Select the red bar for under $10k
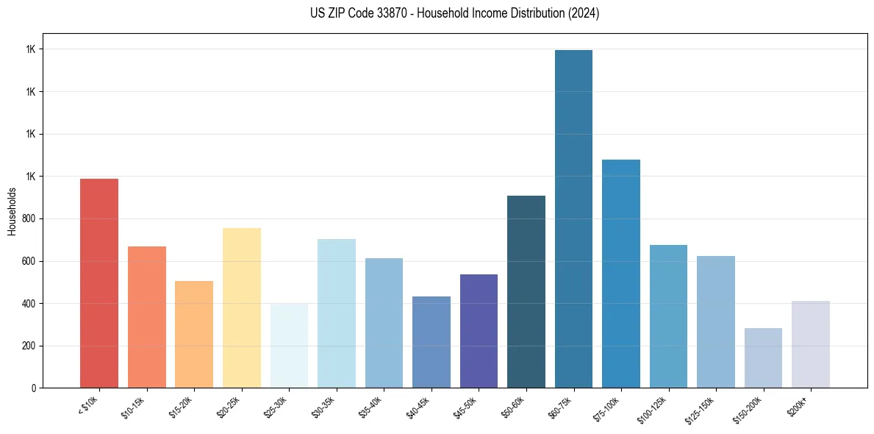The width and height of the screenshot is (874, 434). [99, 283]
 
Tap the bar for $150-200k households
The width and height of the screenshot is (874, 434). [763, 358]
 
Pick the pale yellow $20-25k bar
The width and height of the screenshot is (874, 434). [242, 308]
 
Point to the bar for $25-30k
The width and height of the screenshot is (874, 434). [289, 346]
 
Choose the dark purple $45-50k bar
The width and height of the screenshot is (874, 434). [479, 331]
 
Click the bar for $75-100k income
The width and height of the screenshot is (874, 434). [621, 274]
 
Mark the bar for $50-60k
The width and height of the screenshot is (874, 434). [526, 292]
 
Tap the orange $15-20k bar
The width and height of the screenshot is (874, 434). [194, 335]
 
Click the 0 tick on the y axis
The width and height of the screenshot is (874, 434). [34, 388]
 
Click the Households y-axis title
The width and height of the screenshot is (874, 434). [12, 211]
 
